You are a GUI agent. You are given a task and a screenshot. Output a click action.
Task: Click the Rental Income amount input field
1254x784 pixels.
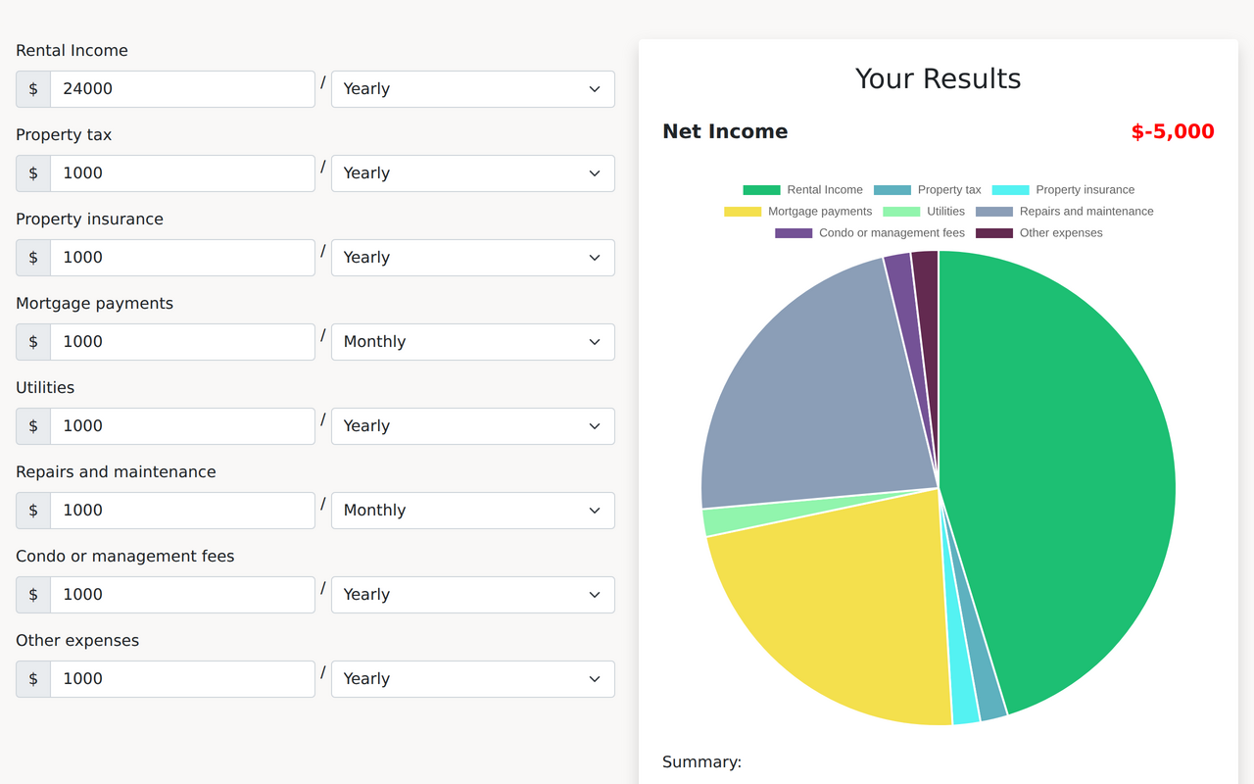pyautogui.click(x=182, y=89)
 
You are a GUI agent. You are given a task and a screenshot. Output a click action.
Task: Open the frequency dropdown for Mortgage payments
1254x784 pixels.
pyautogui.click(x=472, y=342)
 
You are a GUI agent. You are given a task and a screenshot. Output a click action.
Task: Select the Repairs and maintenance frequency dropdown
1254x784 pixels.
pyautogui.click(x=472, y=511)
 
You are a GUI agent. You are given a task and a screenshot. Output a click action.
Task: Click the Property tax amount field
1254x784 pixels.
pyautogui.click(x=182, y=173)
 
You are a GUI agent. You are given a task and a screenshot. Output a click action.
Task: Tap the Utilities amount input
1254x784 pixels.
pyautogui.click(x=182, y=426)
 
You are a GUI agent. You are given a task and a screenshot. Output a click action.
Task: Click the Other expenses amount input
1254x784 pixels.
pyautogui.click(x=182, y=679)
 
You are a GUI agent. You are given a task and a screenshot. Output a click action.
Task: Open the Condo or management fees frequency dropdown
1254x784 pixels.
pyautogui.click(x=472, y=595)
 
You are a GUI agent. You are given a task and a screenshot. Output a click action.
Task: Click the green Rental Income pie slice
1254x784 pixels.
pyautogui.click(x=1068, y=470)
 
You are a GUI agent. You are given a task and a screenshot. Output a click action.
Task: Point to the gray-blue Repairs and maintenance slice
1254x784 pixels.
pyautogui.click(x=813, y=392)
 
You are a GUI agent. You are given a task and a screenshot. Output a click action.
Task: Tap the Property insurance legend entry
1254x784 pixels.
pyautogui.click(x=1064, y=190)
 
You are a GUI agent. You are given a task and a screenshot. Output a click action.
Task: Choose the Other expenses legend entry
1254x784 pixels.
pyautogui.click(x=1040, y=233)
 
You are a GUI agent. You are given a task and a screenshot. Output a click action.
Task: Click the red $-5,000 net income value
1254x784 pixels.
pyautogui.click(x=1172, y=131)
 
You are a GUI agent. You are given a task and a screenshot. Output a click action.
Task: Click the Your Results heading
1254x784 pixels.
pyautogui.click(x=938, y=78)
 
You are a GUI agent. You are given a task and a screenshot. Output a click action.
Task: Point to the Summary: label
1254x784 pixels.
pyautogui.click(x=701, y=761)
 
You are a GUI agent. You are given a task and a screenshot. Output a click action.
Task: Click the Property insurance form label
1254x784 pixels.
pyautogui.click(x=89, y=219)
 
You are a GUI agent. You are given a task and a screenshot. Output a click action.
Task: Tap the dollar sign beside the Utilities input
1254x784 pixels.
pyautogui.click(x=33, y=426)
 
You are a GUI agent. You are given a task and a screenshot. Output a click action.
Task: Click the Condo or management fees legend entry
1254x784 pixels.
pyautogui.click(x=870, y=233)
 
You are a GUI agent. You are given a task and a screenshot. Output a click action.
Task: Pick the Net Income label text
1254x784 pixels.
pyautogui.click(x=725, y=131)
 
